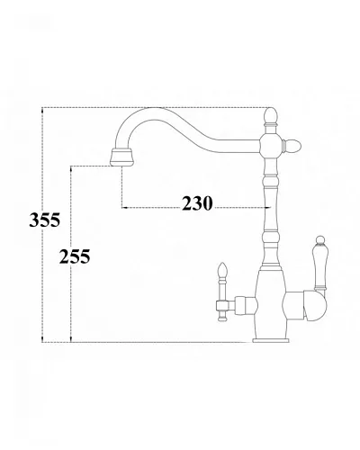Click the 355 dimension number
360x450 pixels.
(45, 220)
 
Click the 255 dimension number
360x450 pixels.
(75, 256)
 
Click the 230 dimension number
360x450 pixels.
(197, 203)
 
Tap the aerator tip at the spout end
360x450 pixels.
(121, 157)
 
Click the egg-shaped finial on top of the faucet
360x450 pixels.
(271, 116)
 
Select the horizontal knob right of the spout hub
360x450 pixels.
(292, 146)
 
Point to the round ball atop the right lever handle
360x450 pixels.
(320, 240)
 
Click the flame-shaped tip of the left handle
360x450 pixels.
(222, 270)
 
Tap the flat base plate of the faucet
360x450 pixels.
(271, 340)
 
